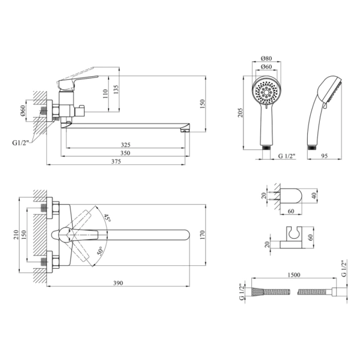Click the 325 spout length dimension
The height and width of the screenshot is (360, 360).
click(x=125, y=145)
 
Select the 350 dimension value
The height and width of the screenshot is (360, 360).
click(x=125, y=153)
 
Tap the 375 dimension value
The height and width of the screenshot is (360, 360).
click(x=116, y=161)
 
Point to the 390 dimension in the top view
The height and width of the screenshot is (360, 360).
click(x=118, y=283)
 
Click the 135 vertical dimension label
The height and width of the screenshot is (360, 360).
click(x=116, y=90)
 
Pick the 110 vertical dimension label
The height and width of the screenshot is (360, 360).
click(x=105, y=94)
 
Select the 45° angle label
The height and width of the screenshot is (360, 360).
click(x=107, y=218)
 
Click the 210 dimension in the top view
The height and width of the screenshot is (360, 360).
click(x=16, y=235)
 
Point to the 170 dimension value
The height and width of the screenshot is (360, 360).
click(x=203, y=235)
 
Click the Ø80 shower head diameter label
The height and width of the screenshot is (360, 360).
click(x=266, y=58)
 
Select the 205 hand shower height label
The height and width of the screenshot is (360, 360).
click(x=240, y=113)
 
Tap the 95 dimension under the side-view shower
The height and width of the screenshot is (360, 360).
click(x=324, y=156)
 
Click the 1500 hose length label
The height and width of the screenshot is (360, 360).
click(x=294, y=275)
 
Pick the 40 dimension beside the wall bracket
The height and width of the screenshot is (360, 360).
click(x=314, y=196)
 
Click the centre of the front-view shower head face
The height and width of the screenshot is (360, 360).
click(x=266, y=92)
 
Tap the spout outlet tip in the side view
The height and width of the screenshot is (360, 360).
click(x=185, y=131)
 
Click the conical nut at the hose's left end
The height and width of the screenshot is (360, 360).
click(x=257, y=292)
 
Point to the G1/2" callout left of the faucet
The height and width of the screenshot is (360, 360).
click(x=20, y=143)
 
